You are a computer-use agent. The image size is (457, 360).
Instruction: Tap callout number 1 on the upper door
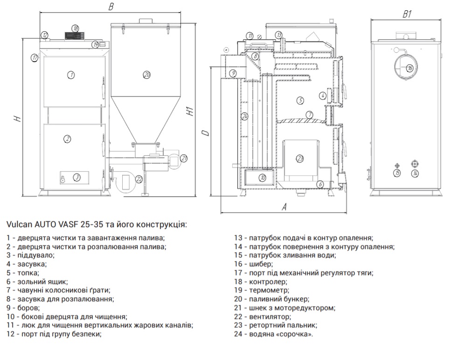click(71, 75)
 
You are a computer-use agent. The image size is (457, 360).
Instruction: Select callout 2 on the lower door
click(68, 138)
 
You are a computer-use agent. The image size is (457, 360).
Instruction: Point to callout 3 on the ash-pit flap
click(76, 177)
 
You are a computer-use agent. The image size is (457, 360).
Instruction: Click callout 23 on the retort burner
click(300, 158)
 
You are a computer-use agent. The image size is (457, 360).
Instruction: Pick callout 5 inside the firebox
click(300, 100)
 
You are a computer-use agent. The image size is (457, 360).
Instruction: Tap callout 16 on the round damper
click(409, 68)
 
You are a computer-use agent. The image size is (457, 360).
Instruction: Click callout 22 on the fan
click(138, 178)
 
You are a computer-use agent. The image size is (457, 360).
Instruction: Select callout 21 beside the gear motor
click(183, 158)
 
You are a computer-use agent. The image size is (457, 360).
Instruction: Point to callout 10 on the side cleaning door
click(263, 178)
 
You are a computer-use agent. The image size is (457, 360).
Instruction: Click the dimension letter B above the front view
click(111, 7)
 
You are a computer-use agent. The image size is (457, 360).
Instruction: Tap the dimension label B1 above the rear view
click(407, 14)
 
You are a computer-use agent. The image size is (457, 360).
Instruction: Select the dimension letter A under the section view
click(284, 208)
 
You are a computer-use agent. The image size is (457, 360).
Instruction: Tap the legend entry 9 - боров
click(23, 308)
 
